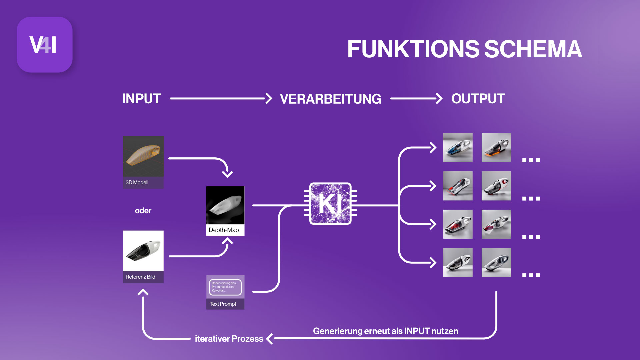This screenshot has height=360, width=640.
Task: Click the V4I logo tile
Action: [x=44, y=45]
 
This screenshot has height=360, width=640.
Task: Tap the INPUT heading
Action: [x=141, y=99]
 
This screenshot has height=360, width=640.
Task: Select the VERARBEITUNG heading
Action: [x=330, y=99]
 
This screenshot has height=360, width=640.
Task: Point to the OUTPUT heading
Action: [x=478, y=99]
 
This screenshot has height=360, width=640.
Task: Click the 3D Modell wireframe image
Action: [x=143, y=156]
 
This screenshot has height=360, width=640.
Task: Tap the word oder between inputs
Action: [x=143, y=211]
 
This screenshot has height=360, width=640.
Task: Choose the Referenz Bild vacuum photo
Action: [x=143, y=251]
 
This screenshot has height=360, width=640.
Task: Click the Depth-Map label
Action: [x=224, y=230]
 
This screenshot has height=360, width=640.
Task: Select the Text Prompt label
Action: [x=223, y=304]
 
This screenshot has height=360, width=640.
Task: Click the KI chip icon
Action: [x=330, y=203]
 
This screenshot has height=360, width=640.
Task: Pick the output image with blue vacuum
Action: [x=458, y=147]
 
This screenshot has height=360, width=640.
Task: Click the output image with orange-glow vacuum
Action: [x=496, y=147]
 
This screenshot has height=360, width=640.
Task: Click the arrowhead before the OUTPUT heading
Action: [x=439, y=99]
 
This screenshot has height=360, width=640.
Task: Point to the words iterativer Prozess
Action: [x=229, y=339]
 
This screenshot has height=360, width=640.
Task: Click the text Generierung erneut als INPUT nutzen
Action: [x=385, y=331]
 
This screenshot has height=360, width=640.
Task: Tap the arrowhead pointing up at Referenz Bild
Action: [x=143, y=292]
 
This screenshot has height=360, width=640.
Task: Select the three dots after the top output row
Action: [x=531, y=160]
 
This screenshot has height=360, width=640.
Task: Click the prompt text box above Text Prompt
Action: [x=225, y=287]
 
